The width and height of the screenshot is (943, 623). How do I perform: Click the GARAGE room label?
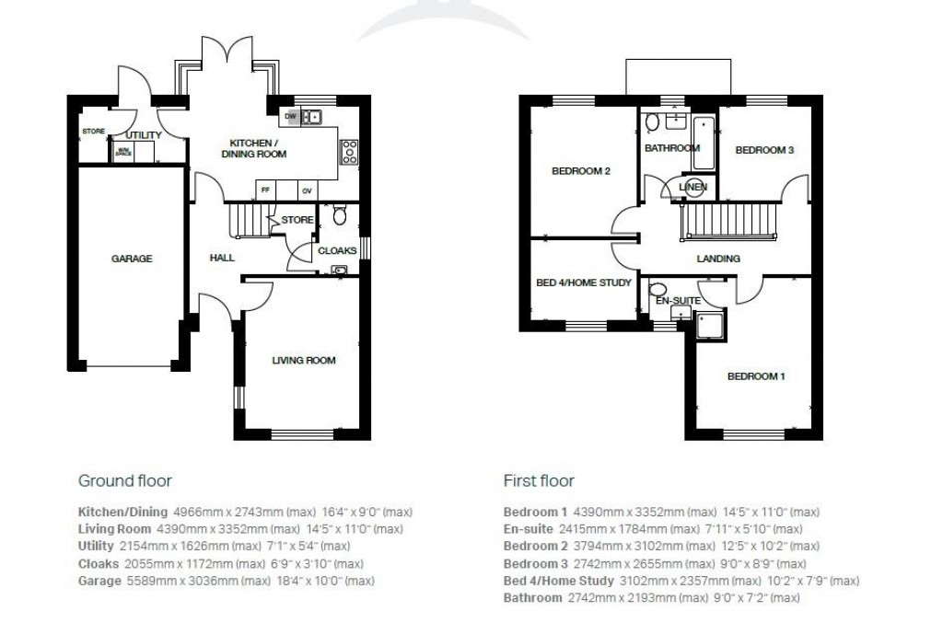point(132,259)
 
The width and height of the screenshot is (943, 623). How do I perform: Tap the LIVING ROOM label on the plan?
point(303,360)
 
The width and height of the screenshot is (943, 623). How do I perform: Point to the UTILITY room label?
point(144,135)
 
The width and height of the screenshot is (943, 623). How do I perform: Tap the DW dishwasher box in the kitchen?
point(290,117)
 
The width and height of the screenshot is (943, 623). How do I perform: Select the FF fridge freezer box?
point(267,190)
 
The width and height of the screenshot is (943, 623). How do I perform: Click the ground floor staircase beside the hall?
point(246,220)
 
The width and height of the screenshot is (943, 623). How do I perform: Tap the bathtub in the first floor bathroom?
point(704,144)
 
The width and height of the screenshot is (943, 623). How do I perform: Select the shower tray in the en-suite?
point(710,324)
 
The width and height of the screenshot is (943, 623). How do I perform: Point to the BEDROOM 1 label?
point(756,375)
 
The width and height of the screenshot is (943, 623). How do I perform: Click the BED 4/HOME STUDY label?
point(583,283)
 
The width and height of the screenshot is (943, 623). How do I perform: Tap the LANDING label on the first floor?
point(718,259)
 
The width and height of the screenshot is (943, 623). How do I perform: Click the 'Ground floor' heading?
point(124,480)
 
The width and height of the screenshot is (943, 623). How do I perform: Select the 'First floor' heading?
point(538,480)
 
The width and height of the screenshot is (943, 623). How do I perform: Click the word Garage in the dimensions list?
point(99,581)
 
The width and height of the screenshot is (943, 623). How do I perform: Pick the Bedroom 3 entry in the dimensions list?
point(534,563)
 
